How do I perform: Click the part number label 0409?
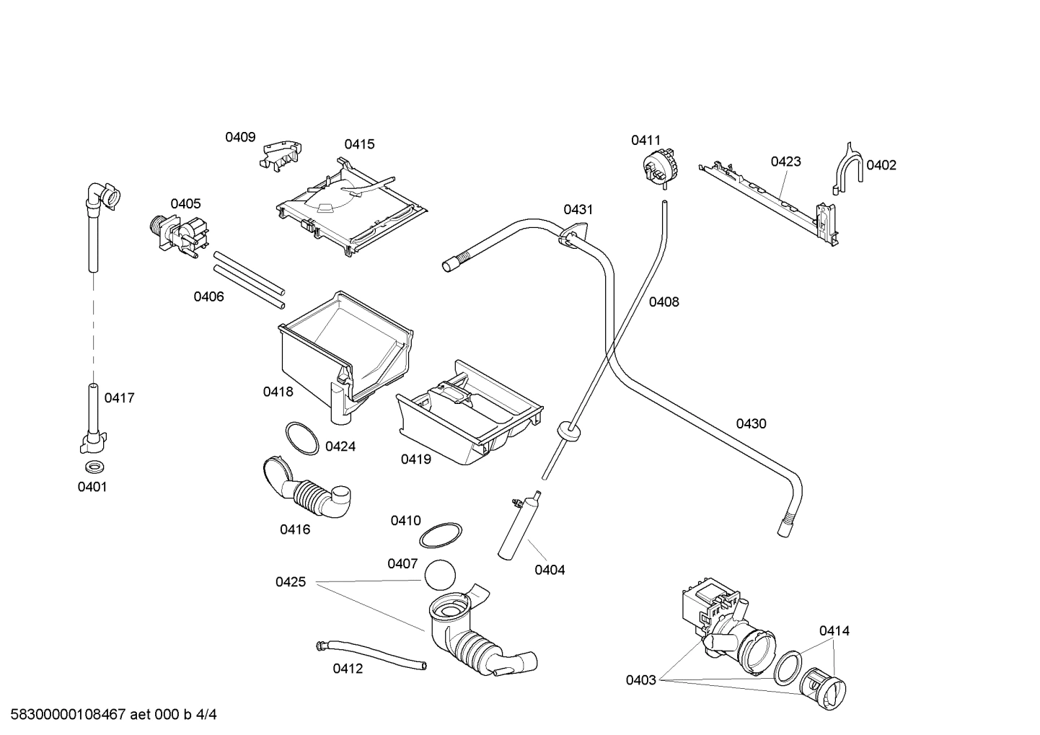pos(240,137)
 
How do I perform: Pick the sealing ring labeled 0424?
pos(301,438)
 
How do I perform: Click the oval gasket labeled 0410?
pos(441,537)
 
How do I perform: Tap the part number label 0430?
pos(751,423)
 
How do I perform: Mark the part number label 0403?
pos(640,679)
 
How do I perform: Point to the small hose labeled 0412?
pos(371,653)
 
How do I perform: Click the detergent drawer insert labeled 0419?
pos(469,414)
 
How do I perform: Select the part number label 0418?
pos(278,392)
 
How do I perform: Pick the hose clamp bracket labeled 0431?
pos(571,236)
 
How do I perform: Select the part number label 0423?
pos(785,162)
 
